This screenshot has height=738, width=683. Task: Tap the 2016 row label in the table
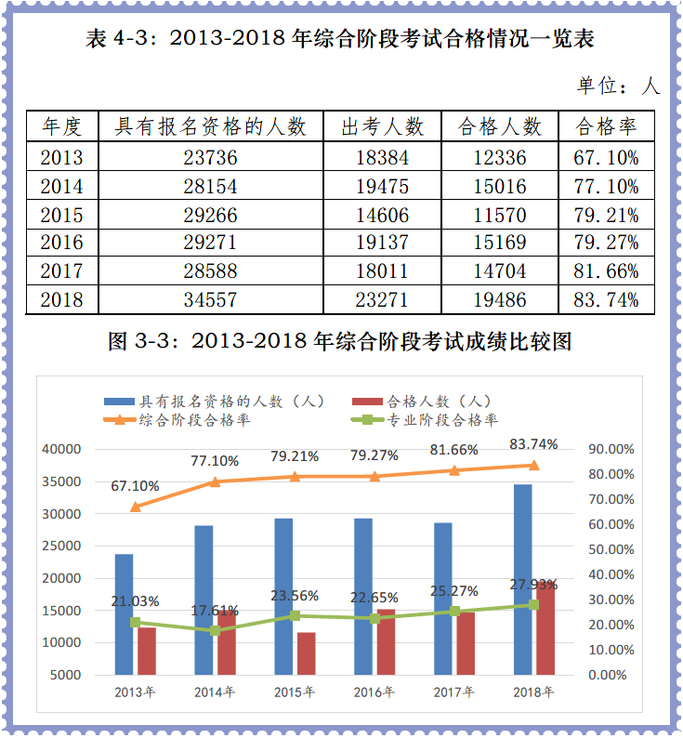[61, 244]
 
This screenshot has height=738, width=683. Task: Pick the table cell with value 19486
[499, 300]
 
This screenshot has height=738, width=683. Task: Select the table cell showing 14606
[382, 216]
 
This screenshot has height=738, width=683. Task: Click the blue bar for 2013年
[125, 613]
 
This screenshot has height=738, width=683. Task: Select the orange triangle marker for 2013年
[136, 507]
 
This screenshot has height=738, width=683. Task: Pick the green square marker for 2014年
[216, 630]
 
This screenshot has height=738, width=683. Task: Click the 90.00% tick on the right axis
[611, 449]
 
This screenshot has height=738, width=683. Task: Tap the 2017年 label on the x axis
[454, 692]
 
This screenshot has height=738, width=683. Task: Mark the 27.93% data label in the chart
[533, 585]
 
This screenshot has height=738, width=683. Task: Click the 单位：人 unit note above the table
[618, 86]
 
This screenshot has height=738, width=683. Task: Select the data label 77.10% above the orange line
[216, 461]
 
